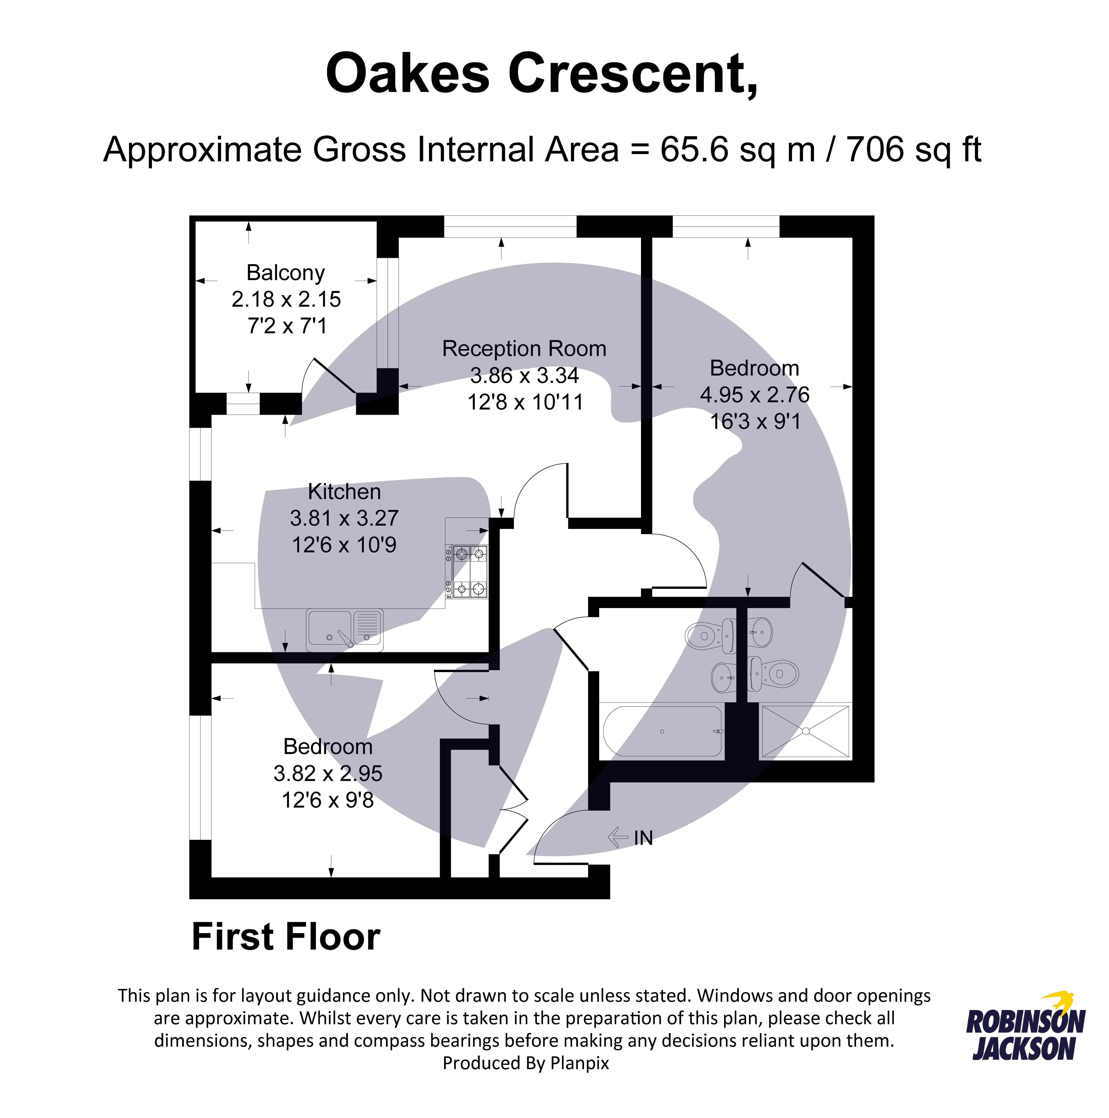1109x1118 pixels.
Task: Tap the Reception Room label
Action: (524, 349)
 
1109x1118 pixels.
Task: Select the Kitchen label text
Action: (344, 492)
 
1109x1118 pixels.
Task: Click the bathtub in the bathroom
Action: (663, 732)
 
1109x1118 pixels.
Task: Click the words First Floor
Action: (286, 937)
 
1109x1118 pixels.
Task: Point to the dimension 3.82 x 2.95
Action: (328, 774)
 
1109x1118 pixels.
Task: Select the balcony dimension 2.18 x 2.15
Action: (286, 299)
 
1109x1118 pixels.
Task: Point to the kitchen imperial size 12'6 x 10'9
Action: (344, 545)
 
